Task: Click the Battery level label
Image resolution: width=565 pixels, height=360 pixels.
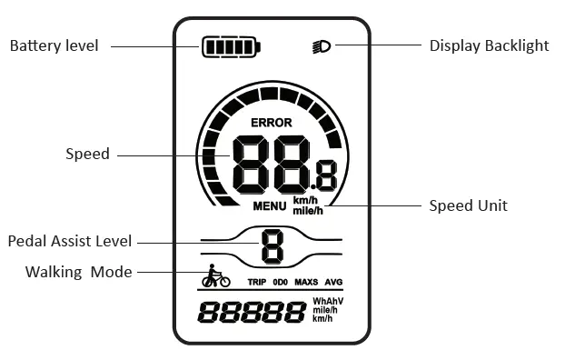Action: coord(54,45)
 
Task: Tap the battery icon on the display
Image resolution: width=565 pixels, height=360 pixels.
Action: coord(231,47)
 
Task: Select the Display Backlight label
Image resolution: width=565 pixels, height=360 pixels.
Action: coord(489,45)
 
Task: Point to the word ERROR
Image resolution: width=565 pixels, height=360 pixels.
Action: coord(271,123)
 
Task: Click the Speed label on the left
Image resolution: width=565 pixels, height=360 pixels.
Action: coord(87,154)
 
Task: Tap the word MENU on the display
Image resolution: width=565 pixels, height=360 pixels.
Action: coord(270,206)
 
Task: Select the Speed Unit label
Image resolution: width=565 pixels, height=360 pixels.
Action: coord(468,205)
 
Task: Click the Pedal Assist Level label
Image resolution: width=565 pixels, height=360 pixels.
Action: coord(70,241)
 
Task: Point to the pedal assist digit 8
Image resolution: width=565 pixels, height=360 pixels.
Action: coord(272,245)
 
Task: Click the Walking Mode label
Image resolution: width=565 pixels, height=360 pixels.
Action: coord(78,272)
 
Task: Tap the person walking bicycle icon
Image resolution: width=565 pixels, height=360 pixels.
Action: coord(215,276)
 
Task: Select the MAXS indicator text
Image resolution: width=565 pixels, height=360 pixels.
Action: coord(306,282)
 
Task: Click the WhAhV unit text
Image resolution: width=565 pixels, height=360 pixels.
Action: coord(328,301)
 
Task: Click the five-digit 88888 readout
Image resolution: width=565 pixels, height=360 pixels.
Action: coord(252,313)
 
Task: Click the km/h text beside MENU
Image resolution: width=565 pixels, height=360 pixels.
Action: coord(305,201)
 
